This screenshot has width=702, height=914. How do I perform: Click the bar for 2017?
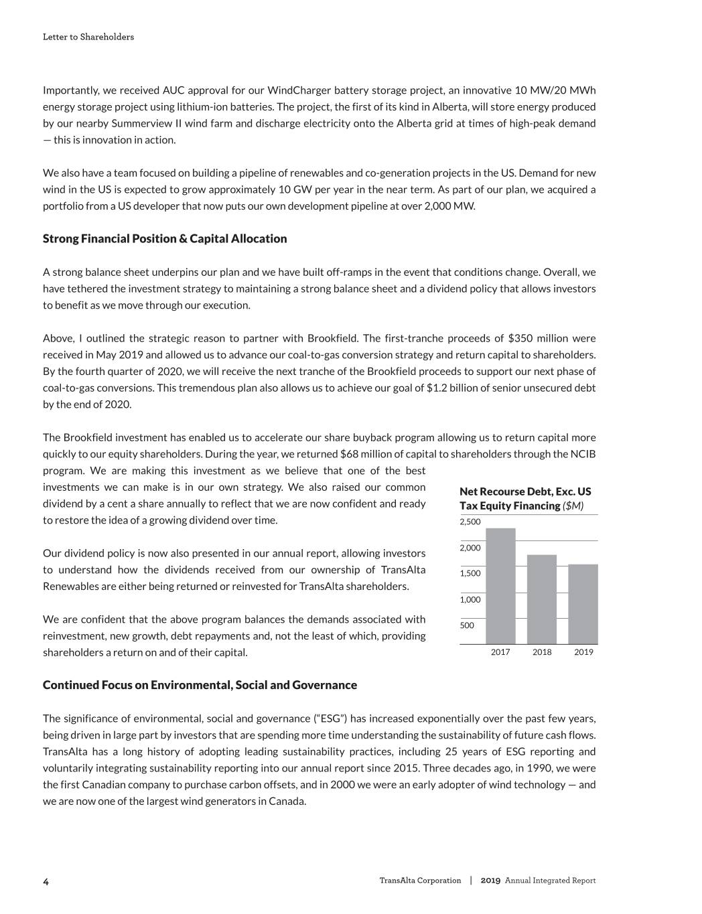tap(500, 586)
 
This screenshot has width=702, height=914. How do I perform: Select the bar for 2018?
tap(542, 599)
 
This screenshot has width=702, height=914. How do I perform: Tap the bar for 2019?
tap(583, 604)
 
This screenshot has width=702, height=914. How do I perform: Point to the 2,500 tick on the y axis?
tap(470, 522)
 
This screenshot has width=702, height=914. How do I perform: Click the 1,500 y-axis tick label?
tap(470, 573)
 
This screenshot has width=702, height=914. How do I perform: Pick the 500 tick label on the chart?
tap(467, 625)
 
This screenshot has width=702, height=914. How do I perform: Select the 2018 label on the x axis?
tap(542, 652)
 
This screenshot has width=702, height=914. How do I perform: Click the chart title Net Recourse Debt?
tap(525, 492)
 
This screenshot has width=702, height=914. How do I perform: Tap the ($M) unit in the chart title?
tap(573, 506)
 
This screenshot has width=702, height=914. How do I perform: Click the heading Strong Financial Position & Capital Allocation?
tap(165, 239)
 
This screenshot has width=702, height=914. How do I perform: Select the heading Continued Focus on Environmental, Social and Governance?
tap(200, 685)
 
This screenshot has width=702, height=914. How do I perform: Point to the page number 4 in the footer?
tap(46, 881)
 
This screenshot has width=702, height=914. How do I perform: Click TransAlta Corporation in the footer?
tap(420, 881)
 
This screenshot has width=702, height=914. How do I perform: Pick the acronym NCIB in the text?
tap(583, 454)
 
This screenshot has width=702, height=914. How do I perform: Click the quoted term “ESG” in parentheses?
tap(330, 718)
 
